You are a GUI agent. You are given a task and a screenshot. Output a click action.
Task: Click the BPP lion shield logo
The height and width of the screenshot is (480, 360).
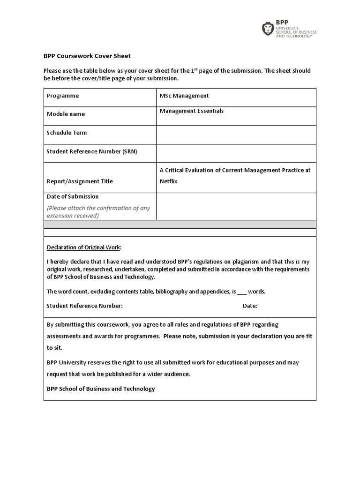coord(268,29)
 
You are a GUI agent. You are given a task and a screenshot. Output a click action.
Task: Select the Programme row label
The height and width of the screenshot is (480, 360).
coord(63,96)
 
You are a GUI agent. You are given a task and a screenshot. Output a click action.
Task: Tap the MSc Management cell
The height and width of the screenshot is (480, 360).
coord(184,96)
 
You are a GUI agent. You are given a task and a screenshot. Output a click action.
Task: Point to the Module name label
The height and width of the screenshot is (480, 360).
coord(66,114)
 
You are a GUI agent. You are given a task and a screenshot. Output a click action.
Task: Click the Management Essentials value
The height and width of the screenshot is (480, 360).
coord(191,111)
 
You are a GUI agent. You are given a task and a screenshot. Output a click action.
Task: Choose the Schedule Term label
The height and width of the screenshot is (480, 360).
coord(67,133)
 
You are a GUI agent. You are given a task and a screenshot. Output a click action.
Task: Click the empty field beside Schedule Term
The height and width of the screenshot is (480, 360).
coord(236,135)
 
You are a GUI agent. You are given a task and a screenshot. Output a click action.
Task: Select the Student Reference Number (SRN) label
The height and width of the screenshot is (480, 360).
coord(92,151)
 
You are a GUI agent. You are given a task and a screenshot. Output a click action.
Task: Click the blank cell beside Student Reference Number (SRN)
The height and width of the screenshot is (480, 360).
coord(236,153)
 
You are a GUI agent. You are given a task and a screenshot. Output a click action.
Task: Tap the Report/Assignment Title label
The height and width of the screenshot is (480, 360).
coord(80,181)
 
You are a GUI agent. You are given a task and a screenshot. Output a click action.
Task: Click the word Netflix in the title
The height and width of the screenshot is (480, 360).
coord(169,180)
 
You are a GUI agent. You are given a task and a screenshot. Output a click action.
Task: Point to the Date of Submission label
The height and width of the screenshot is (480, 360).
coord(73,196)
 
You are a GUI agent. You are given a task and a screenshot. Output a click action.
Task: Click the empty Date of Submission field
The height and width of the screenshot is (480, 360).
coord(236,206)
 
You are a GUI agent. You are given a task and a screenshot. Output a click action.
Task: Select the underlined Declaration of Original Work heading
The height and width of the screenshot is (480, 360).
coord(83,247)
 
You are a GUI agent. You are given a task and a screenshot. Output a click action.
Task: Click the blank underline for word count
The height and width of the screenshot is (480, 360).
coord(241,292)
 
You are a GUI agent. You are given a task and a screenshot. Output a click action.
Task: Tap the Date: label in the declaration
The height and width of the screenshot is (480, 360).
coord(250,306)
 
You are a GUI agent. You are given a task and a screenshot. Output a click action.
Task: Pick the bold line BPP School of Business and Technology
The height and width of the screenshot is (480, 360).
coord(101,389)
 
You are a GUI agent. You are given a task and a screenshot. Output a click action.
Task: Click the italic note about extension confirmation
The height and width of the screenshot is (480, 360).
coord(98,212)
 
